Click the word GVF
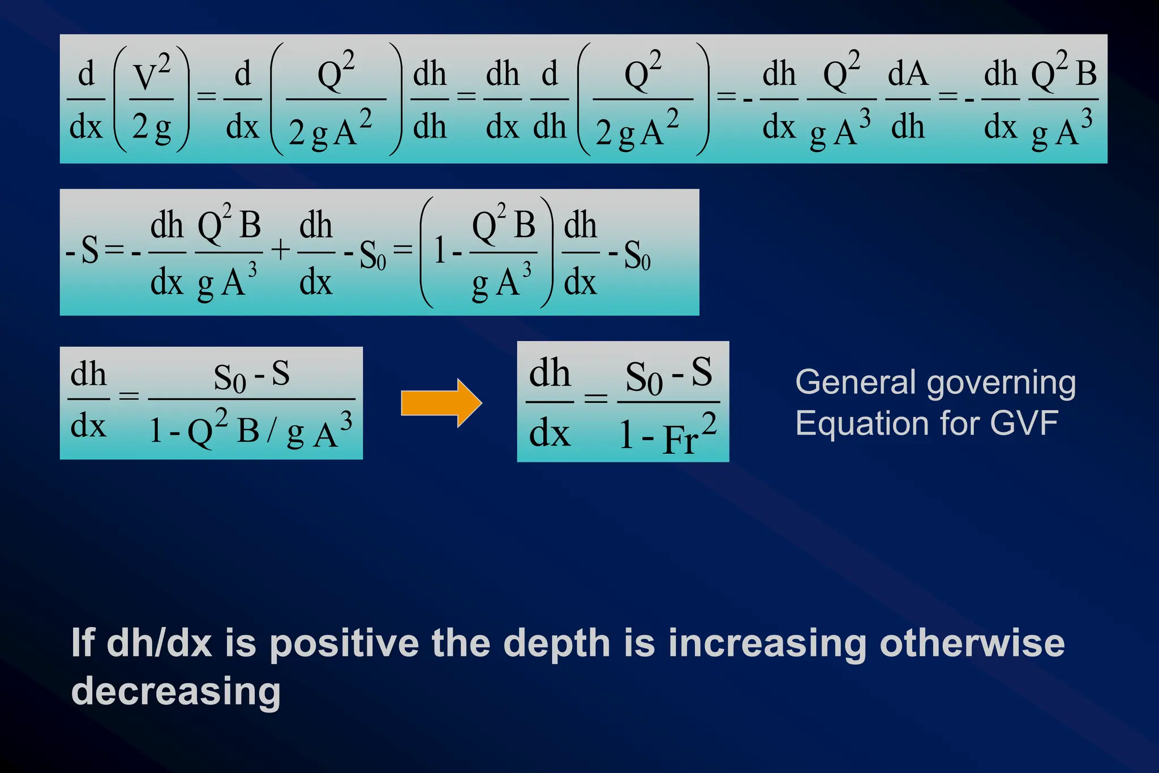point(1024,423)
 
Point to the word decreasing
point(175,692)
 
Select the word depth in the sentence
point(557,644)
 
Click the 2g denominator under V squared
point(151,127)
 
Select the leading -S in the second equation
point(84,250)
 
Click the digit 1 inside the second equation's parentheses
point(440,250)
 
